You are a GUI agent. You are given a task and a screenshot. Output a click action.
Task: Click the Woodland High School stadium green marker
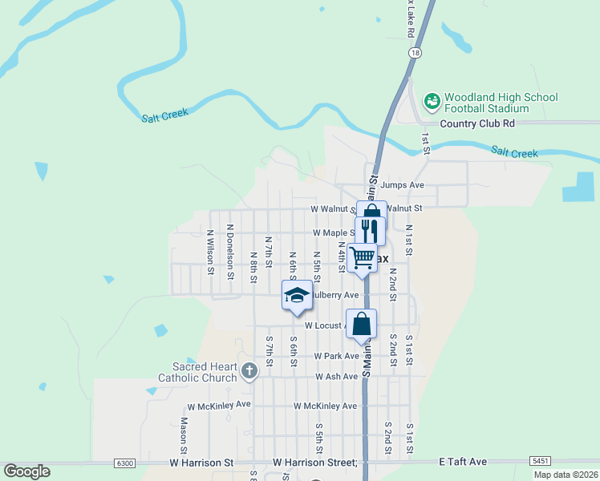432,101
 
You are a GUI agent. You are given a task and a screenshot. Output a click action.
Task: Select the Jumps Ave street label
403,184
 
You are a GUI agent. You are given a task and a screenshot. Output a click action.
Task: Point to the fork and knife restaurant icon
370,230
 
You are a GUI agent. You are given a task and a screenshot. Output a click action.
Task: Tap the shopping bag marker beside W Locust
362,324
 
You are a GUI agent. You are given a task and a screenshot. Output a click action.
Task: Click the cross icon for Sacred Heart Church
249,370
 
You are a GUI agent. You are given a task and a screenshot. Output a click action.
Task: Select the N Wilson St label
210,253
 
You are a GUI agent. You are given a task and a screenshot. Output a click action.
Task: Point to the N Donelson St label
230,252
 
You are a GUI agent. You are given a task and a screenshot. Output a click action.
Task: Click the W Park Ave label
336,355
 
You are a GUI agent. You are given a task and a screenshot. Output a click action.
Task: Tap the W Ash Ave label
336,376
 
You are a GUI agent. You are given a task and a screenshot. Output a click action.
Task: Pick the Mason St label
184,434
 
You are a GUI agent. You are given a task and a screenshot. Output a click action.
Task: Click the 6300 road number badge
124,463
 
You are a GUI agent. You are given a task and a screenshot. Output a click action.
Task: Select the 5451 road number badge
540,461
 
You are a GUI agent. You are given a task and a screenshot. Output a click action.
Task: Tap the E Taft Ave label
463,462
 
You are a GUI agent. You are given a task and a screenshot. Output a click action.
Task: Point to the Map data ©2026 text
565,475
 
